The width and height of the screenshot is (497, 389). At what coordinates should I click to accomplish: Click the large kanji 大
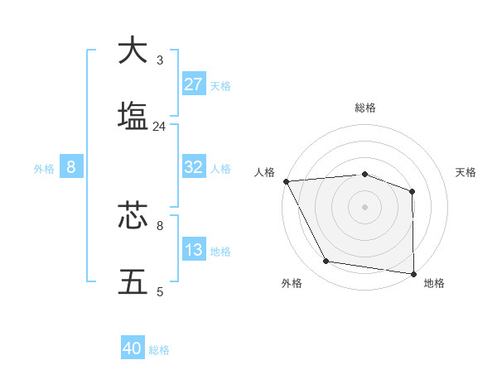[133, 50]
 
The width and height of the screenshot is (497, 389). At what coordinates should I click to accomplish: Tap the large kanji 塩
[133, 115]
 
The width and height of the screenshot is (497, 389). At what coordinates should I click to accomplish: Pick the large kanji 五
[133, 281]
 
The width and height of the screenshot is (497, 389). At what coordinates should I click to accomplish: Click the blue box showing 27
[194, 84]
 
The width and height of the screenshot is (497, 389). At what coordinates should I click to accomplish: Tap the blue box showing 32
[194, 167]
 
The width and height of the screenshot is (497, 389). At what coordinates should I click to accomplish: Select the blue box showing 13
[194, 250]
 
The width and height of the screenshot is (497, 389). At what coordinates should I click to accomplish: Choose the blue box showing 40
[133, 348]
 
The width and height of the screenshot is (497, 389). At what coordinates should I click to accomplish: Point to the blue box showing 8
[70, 167]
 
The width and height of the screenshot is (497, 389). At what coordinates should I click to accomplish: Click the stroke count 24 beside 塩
[159, 127]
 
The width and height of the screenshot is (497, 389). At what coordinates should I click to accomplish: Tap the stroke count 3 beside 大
[159, 60]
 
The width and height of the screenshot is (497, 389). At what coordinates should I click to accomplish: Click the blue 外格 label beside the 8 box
[44, 168]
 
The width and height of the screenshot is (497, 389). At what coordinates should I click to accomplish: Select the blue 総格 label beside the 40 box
[159, 350]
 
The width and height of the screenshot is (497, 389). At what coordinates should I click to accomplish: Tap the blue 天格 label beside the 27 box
[220, 85]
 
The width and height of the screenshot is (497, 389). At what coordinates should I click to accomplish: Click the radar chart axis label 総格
[364, 108]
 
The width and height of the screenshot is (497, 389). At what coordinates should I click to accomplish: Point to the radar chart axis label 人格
[264, 172]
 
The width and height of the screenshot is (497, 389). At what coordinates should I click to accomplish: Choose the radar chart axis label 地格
[434, 283]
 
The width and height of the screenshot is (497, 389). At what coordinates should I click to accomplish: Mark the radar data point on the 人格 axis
[286, 181]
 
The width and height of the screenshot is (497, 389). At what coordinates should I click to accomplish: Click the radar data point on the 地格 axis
[413, 273]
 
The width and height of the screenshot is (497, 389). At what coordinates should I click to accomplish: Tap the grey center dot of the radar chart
[364, 206]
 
